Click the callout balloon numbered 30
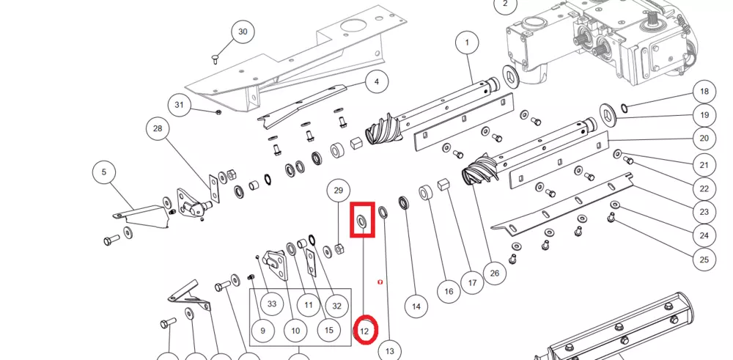point(243,33)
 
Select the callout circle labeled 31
point(178,106)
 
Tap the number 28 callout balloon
point(157,130)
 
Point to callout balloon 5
point(104,172)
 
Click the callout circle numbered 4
point(377,81)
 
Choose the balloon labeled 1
point(466,43)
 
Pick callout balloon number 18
point(704,92)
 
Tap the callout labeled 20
point(704,138)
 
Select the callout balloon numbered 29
point(338,190)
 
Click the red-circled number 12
point(366,331)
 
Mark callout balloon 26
point(494,273)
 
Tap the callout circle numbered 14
point(416,305)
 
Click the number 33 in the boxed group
point(272,304)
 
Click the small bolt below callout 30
point(216,56)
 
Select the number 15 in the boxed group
point(328,331)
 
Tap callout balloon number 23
point(704,212)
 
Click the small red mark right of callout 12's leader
point(379,281)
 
